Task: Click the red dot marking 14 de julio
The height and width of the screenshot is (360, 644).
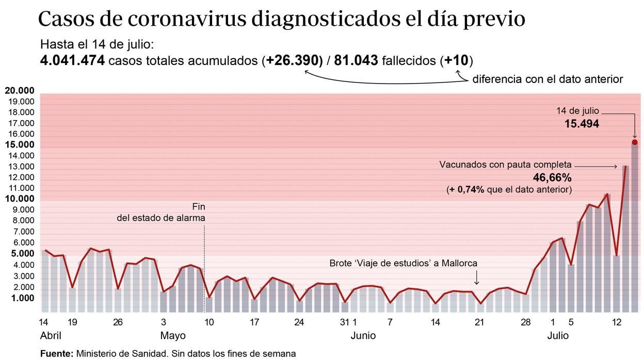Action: [634, 142]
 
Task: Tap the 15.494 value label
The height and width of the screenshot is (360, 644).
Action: [581, 124]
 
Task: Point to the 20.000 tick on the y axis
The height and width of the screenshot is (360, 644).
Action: [20, 91]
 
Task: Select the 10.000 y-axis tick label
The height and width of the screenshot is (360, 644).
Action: [20, 199]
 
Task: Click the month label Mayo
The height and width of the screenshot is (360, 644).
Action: [173, 336]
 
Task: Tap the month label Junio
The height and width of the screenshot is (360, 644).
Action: [363, 336]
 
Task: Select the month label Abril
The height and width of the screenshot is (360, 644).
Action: [51, 336]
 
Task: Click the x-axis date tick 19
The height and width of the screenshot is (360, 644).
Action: [72, 322]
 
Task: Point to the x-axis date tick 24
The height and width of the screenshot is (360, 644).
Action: [299, 322]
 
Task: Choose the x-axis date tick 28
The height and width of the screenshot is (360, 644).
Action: [525, 322]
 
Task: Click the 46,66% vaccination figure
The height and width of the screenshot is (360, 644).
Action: [553, 178]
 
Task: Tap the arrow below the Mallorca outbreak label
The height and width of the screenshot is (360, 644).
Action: [476, 278]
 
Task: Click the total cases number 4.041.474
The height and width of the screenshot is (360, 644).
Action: [72, 61]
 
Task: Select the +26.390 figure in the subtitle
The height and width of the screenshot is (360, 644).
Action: [292, 61]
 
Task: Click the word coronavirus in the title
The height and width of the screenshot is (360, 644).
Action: [186, 20]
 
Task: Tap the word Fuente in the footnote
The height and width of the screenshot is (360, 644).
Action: [56, 354]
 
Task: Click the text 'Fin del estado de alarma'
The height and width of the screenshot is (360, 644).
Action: [161, 212]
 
